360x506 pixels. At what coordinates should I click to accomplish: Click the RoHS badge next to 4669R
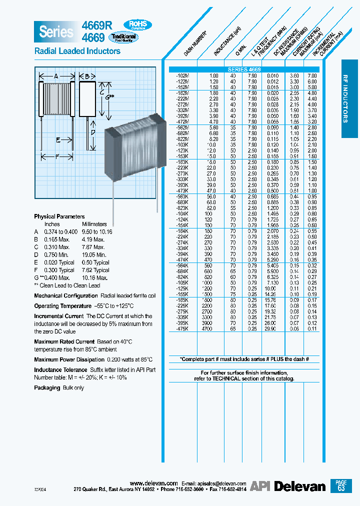coord(137,25)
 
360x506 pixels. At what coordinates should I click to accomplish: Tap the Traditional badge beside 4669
coord(123,37)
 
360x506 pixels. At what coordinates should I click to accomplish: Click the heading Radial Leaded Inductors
coord(77,51)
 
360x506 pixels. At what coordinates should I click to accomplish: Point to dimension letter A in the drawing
coord(56,76)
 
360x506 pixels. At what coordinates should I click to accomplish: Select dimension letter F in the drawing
coord(57,156)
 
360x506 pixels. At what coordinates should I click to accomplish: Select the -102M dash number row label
coord(181,75)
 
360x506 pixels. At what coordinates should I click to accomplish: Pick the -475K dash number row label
coord(181,328)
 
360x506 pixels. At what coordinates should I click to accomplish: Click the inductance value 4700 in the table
coord(207,328)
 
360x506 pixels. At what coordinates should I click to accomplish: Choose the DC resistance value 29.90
coord(270,328)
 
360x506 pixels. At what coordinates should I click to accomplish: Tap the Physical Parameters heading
coord(59,216)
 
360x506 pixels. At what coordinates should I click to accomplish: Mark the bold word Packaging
coord(47,387)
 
